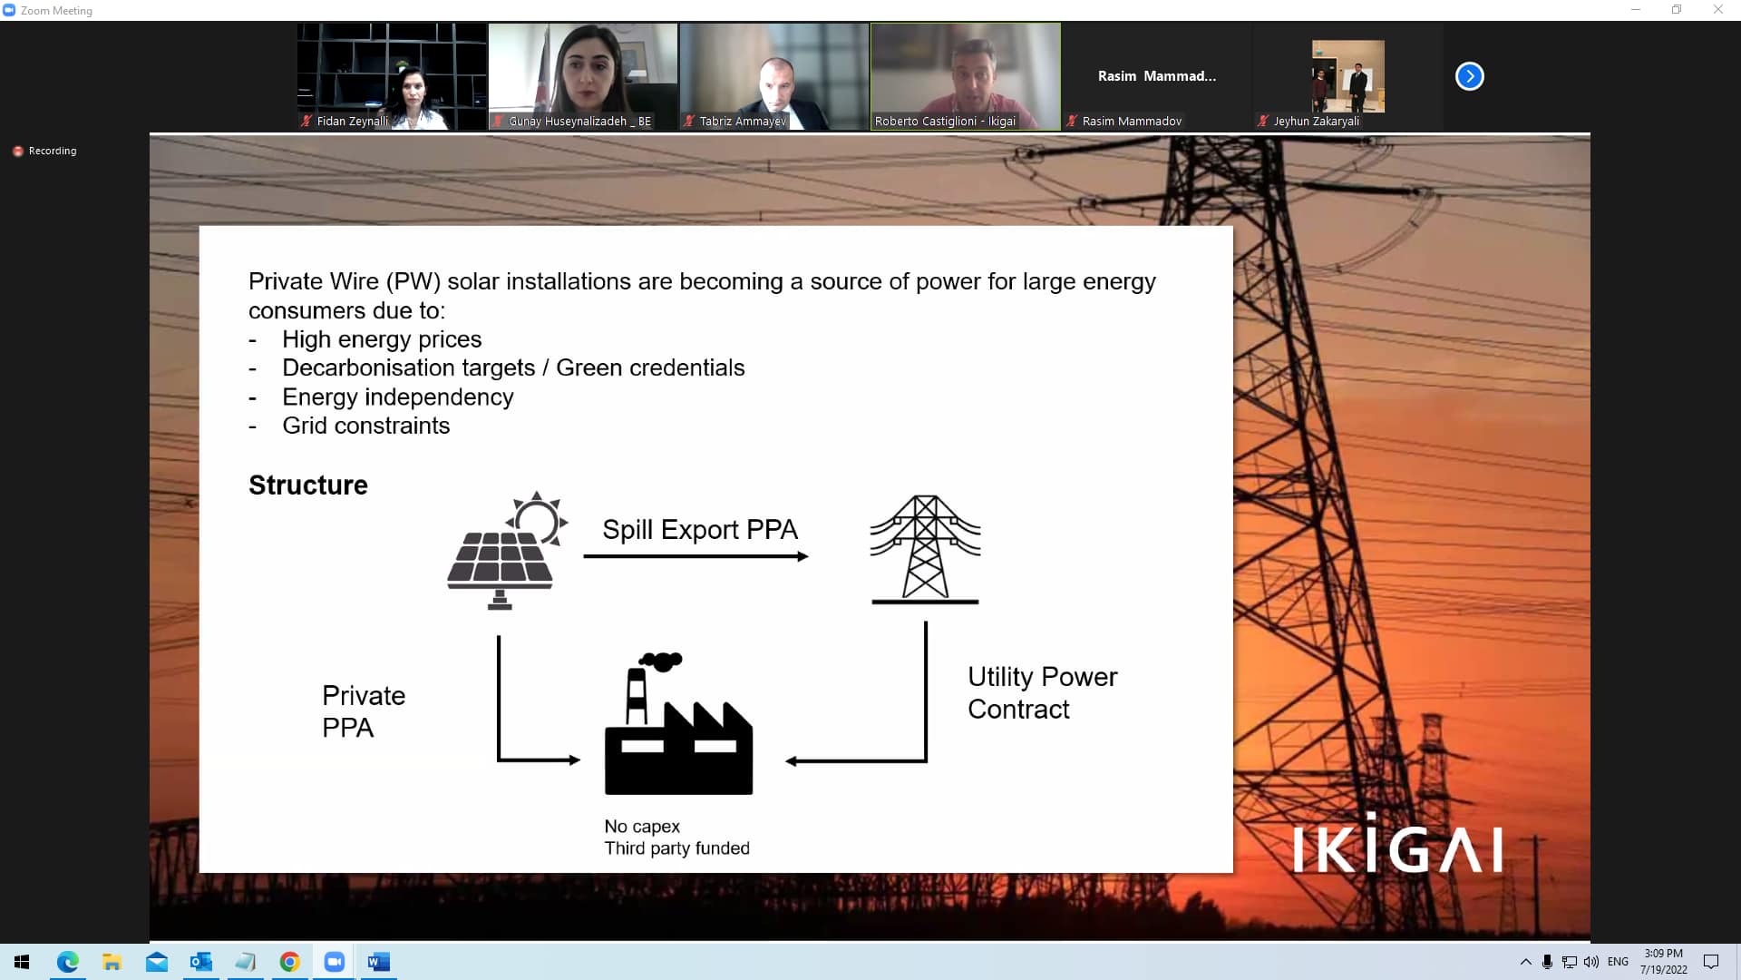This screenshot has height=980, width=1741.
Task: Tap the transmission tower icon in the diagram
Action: coord(925,549)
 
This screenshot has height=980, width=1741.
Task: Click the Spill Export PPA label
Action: coord(700,529)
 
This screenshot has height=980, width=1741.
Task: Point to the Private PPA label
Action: coord(364,711)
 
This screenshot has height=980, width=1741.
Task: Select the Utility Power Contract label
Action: coord(1042,692)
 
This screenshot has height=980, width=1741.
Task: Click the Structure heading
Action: coord(308,485)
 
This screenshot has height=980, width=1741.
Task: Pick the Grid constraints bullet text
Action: coord(365,426)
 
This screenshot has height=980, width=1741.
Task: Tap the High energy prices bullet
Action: coord(382,339)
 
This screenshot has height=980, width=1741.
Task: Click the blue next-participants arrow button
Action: coord(1470,76)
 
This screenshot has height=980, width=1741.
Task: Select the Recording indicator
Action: coord(44,151)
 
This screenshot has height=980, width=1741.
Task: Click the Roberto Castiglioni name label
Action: coord(945,121)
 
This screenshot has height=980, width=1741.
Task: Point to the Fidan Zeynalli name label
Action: coord(352,121)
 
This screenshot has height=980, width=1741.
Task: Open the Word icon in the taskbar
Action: coord(378,962)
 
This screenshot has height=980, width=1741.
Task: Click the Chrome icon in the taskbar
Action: coord(289,962)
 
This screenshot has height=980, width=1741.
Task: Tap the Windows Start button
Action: coord(22,962)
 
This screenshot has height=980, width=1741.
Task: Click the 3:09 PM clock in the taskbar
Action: coord(1663,954)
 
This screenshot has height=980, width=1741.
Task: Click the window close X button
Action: coord(1717,10)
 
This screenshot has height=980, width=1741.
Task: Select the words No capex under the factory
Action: coord(642,827)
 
